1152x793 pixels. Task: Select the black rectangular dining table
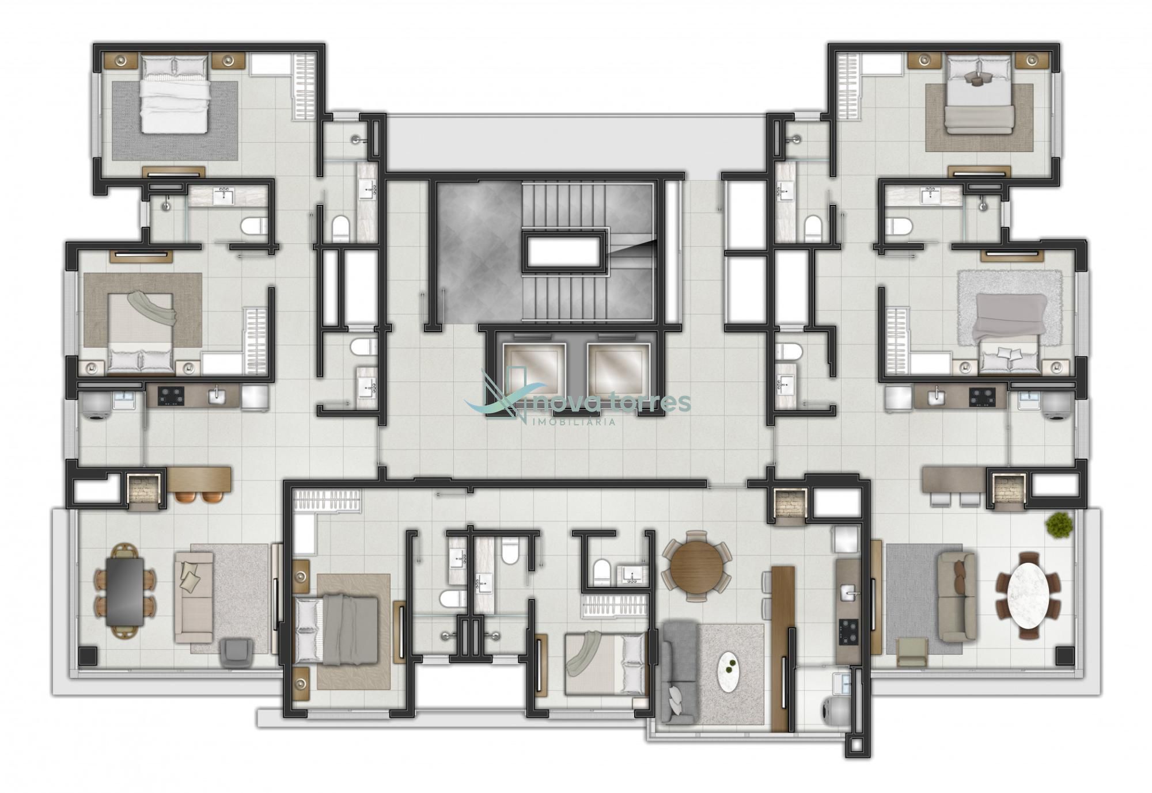click(125, 592)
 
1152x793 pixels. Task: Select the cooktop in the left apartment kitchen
click(171, 395)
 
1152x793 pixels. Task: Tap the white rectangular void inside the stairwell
click(565, 250)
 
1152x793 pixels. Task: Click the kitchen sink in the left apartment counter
click(218, 394)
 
